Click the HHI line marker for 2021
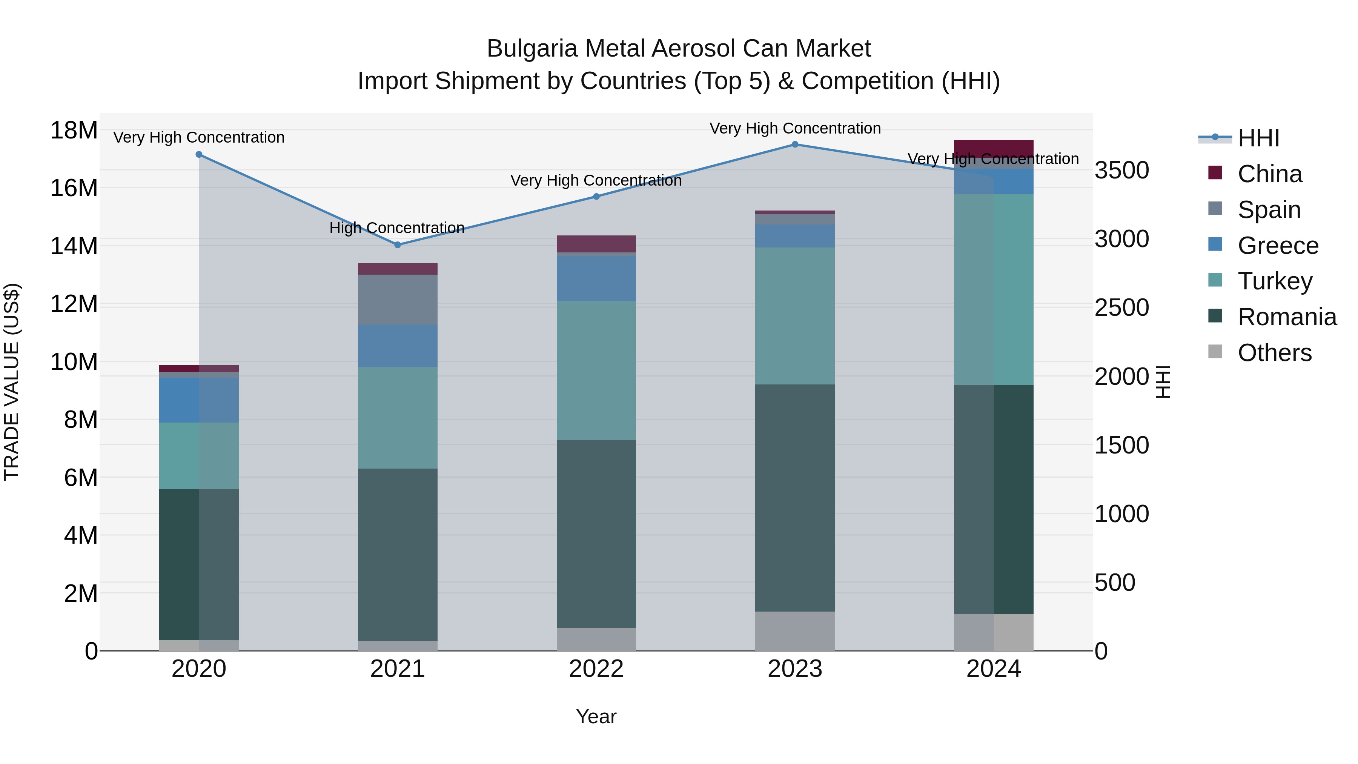point(398,244)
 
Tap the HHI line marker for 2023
point(795,144)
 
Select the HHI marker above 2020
point(199,154)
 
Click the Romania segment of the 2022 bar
point(596,533)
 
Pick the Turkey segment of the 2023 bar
point(795,316)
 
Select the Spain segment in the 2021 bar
point(398,300)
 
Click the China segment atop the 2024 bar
point(993,148)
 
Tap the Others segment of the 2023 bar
point(795,631)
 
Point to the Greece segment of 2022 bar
point(596,278)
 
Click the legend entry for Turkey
point(1274,281)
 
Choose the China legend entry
point(1269,174)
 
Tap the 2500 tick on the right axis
point(1122,308)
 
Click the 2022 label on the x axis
point(596,669)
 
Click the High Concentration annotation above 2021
point(397,228)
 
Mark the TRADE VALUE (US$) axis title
point(12,382)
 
